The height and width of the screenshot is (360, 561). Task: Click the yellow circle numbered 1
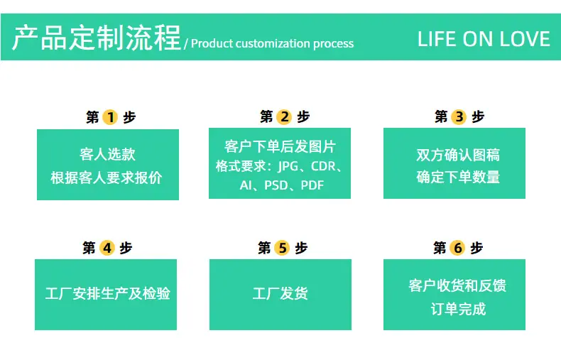[110, 117]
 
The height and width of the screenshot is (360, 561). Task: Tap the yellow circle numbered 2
[284, 116]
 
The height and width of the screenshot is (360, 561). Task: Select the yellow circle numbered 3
[459, 116]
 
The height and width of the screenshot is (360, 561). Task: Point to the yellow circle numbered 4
[107, 248]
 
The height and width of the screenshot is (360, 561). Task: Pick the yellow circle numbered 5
[282, 248]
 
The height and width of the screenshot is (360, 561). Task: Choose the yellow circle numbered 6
[457, 248]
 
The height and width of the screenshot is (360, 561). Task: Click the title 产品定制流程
[97, 38]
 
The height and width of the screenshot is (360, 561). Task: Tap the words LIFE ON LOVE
[484, 39]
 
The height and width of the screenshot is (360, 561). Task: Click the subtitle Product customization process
[272, 43]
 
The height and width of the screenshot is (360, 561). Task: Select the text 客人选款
[107, 154]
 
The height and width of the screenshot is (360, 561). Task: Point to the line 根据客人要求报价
[107, 178]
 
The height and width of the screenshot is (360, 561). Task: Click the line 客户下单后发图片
[280, 147]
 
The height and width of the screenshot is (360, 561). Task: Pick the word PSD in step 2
[276, 185]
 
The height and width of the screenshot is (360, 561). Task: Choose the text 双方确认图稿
[458, 155]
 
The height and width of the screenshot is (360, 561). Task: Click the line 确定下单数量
[458, 177]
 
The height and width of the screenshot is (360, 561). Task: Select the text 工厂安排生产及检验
[108, 293]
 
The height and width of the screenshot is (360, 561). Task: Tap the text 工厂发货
[280, 293]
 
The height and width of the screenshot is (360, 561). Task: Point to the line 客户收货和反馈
[457, 285]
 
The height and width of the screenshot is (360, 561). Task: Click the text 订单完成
[458, 309]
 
